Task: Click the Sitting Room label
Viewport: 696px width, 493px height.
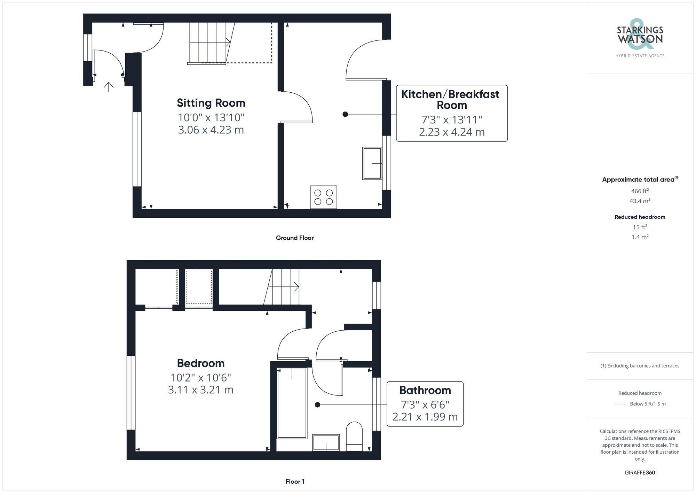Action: tap(211, 103)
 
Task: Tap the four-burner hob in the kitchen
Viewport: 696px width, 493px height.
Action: tap(323, 197)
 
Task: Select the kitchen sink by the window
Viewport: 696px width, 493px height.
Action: tap(372, 163)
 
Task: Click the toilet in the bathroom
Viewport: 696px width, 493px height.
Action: tap(354, 436)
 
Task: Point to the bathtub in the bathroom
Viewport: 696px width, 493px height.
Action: tap(292, 403)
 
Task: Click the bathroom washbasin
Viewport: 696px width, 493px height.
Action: tap(326, 442)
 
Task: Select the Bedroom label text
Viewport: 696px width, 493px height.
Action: tap(201, 363)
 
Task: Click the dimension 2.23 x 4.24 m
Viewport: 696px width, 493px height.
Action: tap(452, 132)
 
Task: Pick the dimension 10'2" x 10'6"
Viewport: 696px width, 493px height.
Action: tap(201, 377)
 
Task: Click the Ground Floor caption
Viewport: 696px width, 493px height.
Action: tap(295, 238)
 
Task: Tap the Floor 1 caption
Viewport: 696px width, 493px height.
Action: tap(295, 482)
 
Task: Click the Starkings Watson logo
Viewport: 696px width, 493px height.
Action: tap(640, 38)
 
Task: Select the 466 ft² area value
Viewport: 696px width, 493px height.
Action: tap(640, 191)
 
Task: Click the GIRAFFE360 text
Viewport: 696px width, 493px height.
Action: tap(640, 472)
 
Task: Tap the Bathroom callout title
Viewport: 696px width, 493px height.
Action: tap(425, 390)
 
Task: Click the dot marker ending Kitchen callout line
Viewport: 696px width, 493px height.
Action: tap(345, 114)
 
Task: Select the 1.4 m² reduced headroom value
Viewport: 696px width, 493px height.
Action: tap(640, 237)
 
